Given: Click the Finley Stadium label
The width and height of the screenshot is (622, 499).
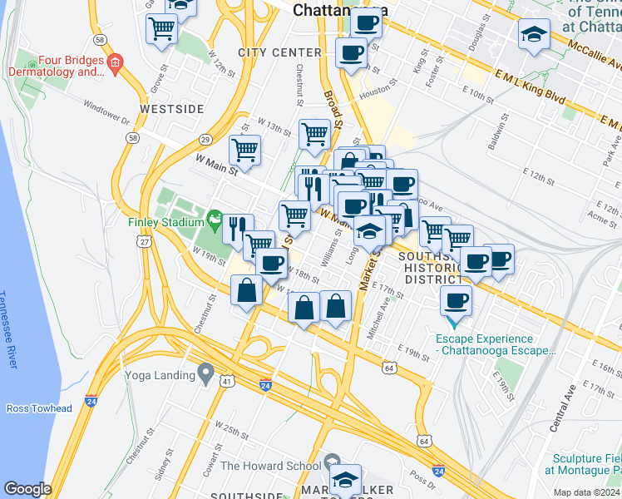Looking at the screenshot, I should coord(166,222).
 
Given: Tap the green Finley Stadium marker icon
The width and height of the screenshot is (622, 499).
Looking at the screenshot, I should coord(215,220).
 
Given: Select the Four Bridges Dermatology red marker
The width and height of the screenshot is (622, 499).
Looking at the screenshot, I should coord(115,62).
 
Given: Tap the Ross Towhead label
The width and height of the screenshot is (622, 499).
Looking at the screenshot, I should coord(39,408).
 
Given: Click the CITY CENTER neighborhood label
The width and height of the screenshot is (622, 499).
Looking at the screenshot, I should coord(279,52).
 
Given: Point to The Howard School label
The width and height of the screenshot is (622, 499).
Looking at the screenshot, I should coord(269,466).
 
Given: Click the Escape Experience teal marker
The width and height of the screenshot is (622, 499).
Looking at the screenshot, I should coord(454,319).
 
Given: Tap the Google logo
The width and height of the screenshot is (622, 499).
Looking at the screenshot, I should coord(28,489).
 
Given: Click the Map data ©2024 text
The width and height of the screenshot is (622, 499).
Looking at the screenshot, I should coord(585,492).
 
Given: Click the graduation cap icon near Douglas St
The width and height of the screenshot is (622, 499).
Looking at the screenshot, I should coord(534,36).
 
